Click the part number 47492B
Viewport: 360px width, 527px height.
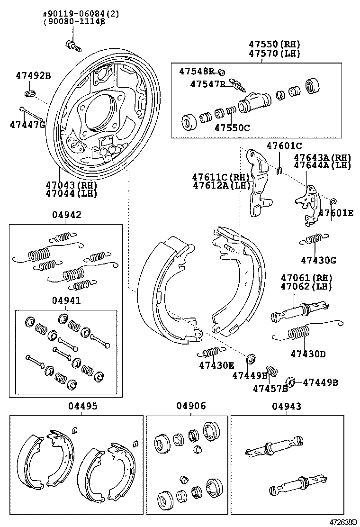[33, 75]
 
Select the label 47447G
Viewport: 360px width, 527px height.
[27, 125]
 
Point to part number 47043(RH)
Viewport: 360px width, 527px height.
[71, 185]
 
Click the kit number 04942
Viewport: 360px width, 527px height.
[66, 215]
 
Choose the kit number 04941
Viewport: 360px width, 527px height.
[66, 300]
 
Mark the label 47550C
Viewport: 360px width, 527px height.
[232, 127]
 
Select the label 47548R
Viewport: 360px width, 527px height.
[197, 71]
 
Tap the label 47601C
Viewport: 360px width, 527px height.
[284, 145]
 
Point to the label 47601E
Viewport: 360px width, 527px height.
[336, 213]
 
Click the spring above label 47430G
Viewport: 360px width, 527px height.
[313, 240]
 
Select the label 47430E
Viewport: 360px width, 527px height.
[216, 365]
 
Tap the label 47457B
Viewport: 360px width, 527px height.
[270, 389]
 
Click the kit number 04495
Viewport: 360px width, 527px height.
[82, 406]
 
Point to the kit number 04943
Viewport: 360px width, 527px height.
[287, 406]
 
